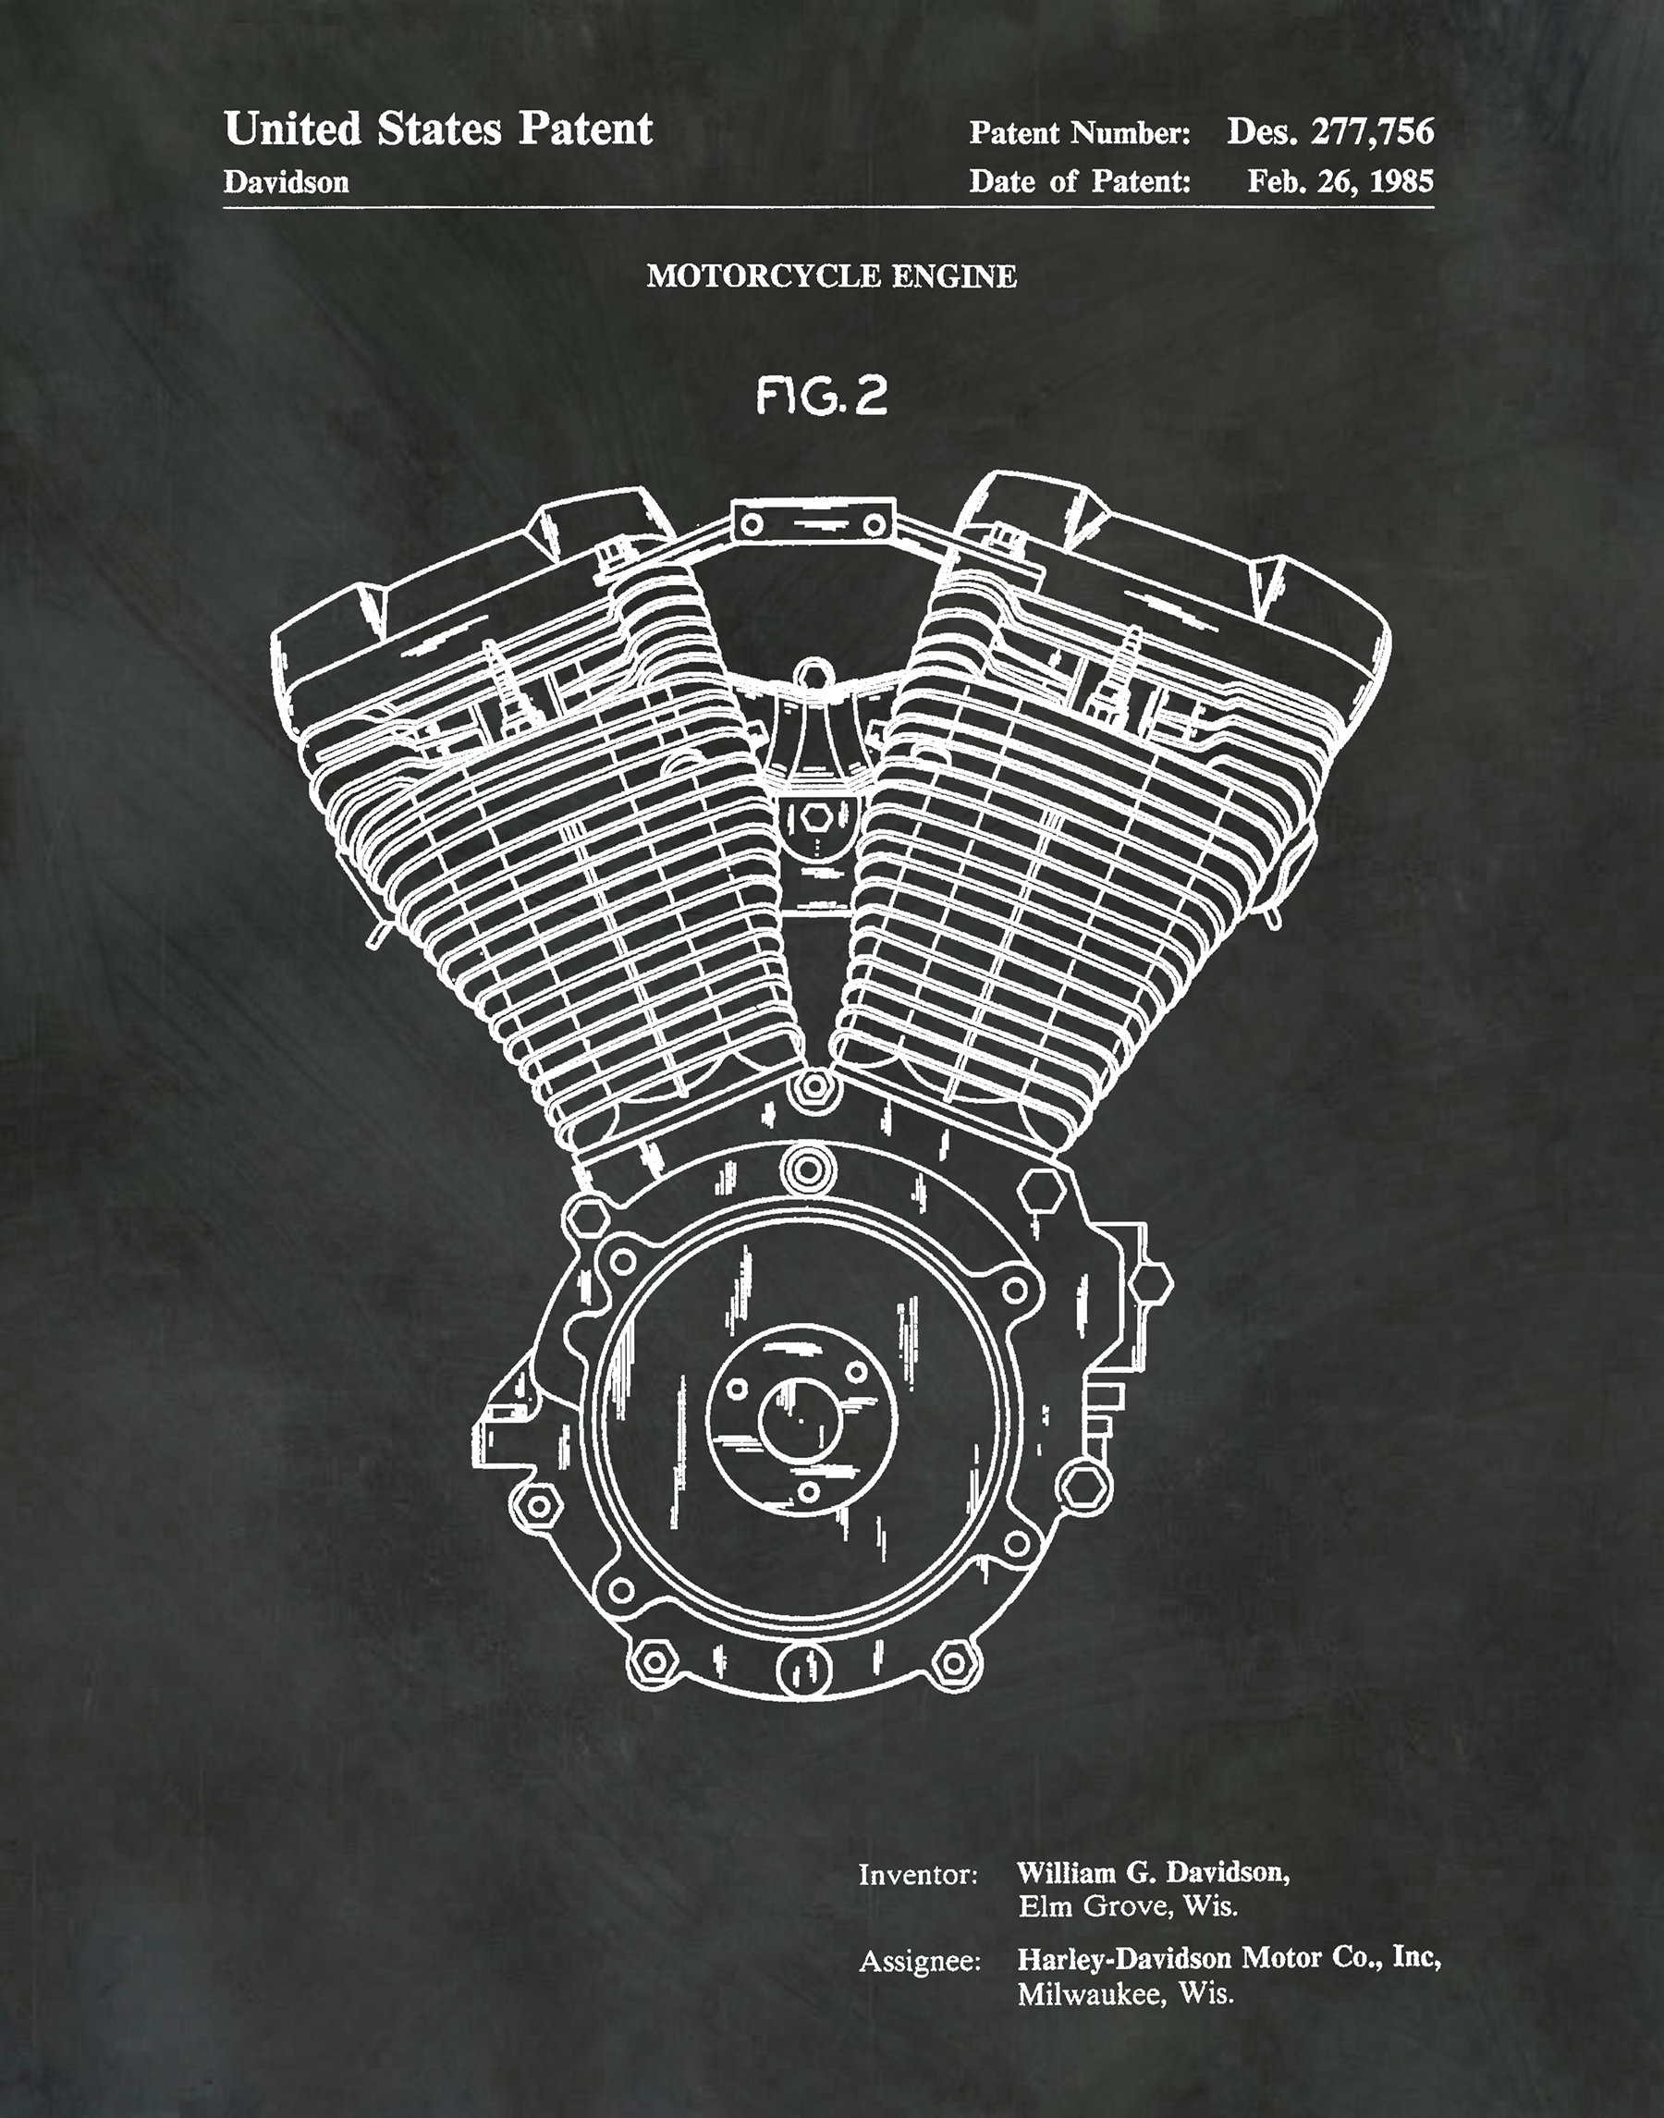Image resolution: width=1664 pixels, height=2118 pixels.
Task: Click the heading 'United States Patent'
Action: point(437,129)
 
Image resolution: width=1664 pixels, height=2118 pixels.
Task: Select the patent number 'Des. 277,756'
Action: point(1330,131)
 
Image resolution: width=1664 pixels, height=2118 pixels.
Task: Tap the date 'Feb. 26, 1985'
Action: point(1340,181)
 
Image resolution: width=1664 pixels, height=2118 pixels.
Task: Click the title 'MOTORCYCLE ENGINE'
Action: point(831,276)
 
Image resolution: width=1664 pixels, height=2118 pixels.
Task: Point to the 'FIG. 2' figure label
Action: point(822,397)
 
